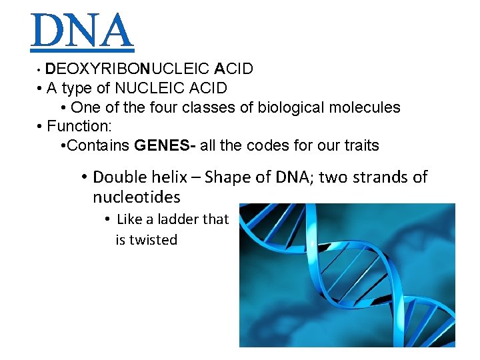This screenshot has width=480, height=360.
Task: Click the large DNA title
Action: point(82,31)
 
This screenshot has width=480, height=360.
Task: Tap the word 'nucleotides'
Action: point(136,197)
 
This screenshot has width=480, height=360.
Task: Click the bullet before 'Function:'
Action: point(41,126)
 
